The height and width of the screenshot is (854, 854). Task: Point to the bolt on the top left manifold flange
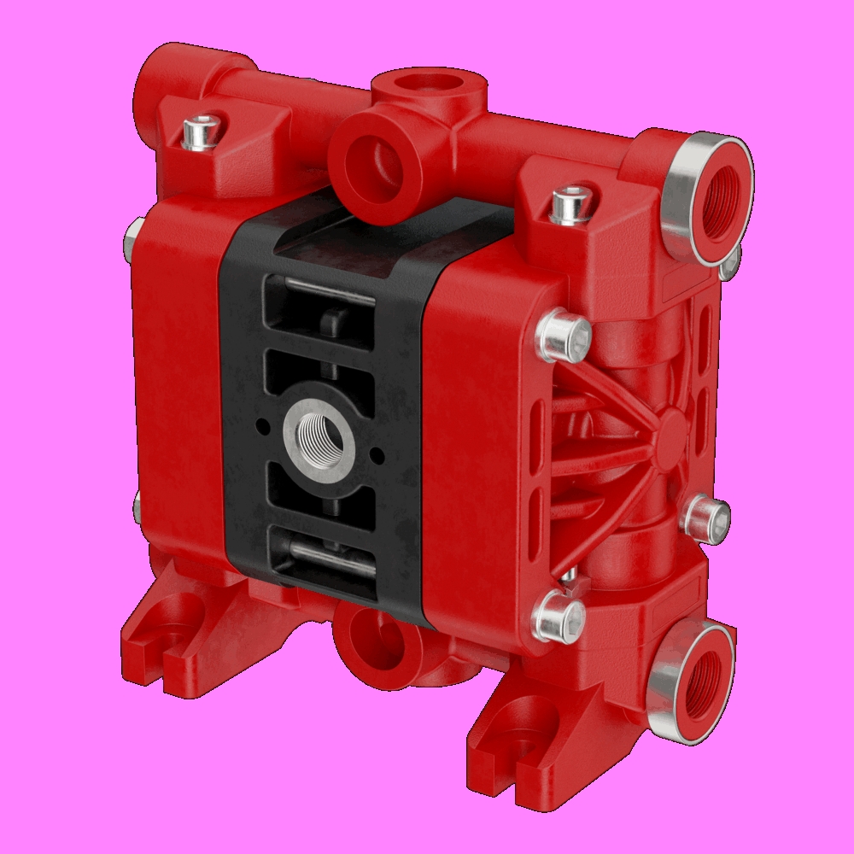(202, 133)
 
